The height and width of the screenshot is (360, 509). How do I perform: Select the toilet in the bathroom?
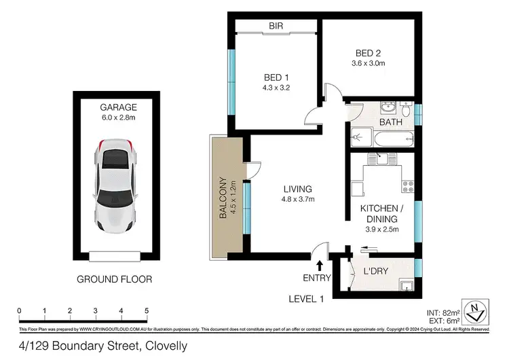[x=405, y=109]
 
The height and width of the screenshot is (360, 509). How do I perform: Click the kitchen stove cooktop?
[x=407, y=183]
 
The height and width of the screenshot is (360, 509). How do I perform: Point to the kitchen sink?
[x=377, y=159]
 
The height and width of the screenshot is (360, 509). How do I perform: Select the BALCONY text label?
[x=221, y=197]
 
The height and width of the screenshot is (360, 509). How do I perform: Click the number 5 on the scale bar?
[x=147, y=311]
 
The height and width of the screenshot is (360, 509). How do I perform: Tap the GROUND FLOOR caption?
[x=114, y=278]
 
